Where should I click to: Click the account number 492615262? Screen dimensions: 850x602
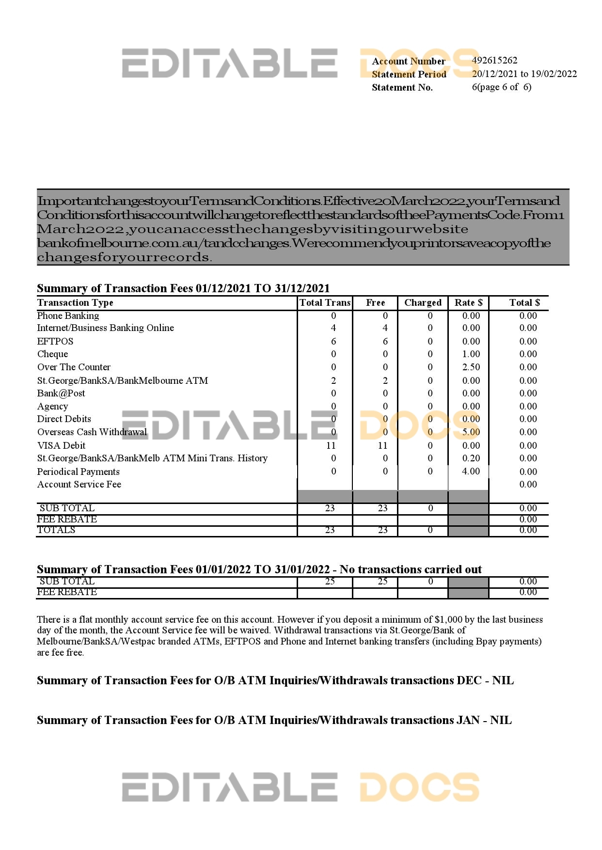coord(494,61)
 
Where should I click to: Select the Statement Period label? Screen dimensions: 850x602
coord(409,74)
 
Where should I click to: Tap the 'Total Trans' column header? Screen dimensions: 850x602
coord(325,303)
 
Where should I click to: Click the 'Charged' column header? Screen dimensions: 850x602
coord(423,303)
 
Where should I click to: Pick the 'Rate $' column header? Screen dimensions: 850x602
coord(468,303)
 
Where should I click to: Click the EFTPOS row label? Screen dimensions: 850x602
coord(55,341)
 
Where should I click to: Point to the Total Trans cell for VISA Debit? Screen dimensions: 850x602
coord(331,445)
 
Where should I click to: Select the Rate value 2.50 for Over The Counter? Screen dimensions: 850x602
coord(471,367)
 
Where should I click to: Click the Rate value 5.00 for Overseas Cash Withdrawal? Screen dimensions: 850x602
coord(471,432)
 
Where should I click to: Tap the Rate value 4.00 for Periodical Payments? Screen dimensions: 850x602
coord(471,472)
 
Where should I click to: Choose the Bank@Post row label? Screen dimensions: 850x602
coord(61,394)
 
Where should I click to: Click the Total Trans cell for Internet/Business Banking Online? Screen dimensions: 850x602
coord(333,328)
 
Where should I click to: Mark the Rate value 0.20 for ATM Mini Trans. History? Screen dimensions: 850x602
coord(471,458)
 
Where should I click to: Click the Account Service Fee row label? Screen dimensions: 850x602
coord(79,485)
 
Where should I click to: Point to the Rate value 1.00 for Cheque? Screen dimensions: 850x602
coord(471,354)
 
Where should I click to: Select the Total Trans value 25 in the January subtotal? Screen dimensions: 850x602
coord(330,582)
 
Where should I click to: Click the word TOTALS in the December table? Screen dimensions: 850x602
coord(56,530)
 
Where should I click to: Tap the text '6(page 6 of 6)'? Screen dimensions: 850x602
coord(501,87)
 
